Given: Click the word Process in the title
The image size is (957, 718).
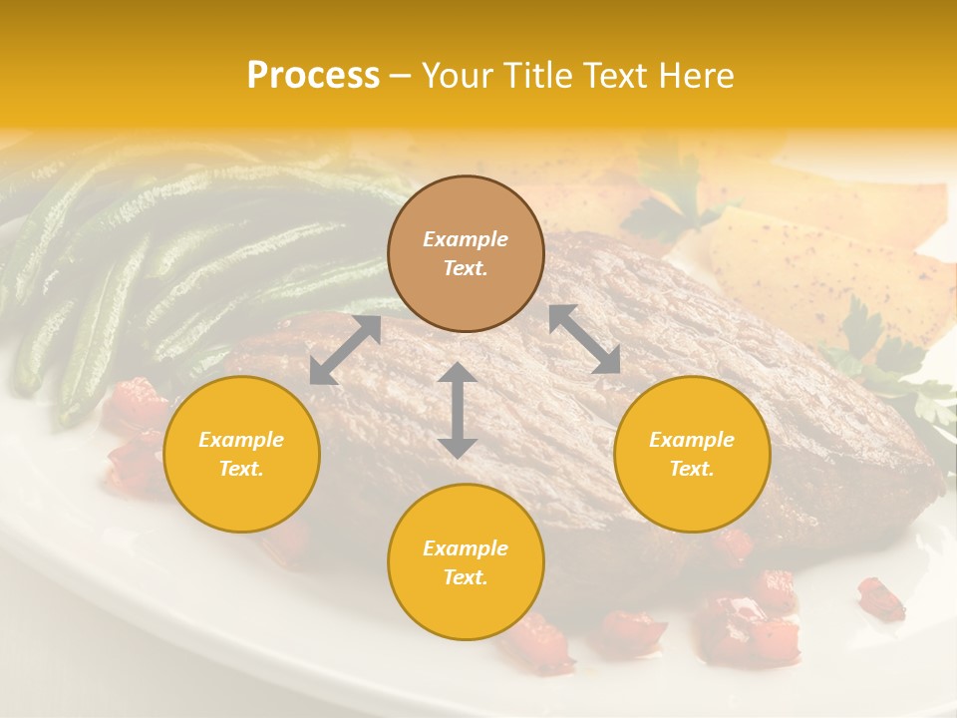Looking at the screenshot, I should pyautogui.click(x=313, y=76).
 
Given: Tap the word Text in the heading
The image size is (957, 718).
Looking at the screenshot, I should pyautogui.click(x=611, y=76).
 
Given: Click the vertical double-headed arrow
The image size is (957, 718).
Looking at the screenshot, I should pyautogui.click(x=458, y=410).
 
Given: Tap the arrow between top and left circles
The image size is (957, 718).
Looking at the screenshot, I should pyautogui.click(x=345, y=350).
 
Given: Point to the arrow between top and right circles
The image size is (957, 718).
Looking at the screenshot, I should pyautogui.click(x=584, y=339).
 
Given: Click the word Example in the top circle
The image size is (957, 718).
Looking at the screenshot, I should pyautogui.click(x=466, y=239).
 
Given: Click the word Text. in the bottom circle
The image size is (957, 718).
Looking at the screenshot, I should pyautogui.click(x=466, y=577).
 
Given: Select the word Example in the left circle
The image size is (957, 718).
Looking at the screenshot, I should pyautogui.click(x=241, y=440).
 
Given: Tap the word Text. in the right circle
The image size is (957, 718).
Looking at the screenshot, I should pyautogui.click(x=692, y=469).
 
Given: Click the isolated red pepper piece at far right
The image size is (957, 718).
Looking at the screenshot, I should pyautogui.click(x=881, y=598).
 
